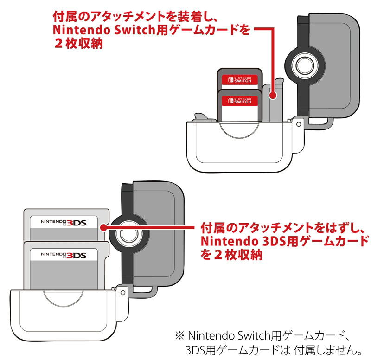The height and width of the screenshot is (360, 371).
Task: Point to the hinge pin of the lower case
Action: point(123,292)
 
